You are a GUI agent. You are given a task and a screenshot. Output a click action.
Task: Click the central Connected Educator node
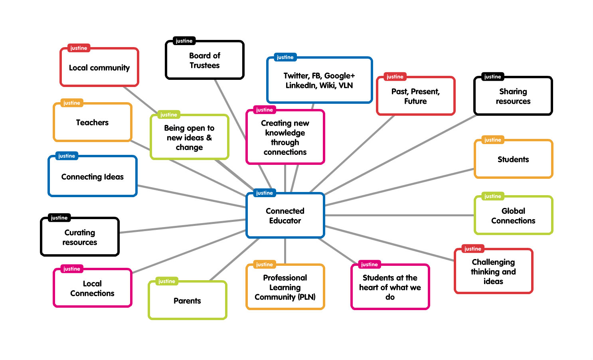[x=285, y=216]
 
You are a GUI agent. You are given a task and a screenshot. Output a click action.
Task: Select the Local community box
[x=99, y=67]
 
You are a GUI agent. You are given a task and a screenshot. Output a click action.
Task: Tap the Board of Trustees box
[x=204, y=60]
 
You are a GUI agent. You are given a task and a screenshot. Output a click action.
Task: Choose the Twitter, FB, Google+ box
[x=319, y=80]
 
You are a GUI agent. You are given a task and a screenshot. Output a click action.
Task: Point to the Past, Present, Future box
[x=415, y=96]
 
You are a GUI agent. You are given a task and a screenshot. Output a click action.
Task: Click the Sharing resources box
[x=513, y=96]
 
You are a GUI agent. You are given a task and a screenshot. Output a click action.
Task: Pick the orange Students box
[x=513, y=159]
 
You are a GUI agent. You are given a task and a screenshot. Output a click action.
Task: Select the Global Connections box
[x=513, y=216]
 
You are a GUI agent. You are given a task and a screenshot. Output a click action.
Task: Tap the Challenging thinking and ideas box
[x=493, y=271]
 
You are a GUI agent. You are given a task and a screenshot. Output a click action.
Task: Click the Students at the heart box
[x=390, y=287]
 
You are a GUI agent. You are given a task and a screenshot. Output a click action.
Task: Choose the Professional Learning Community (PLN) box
[x=285, y=287]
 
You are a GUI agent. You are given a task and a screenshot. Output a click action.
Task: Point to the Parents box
[x=187, y=301]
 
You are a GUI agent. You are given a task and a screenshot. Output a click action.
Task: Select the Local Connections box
[x=92, y=288]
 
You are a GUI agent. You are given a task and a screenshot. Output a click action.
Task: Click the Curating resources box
[x=80, y=237]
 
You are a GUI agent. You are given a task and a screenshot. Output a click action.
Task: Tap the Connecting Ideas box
[x=92, y=176]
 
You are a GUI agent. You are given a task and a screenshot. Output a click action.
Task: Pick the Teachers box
[x=92, y=122]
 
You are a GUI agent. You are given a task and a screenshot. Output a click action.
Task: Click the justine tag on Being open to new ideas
[x=168, y=115]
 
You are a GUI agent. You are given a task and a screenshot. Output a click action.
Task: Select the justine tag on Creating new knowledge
[x=264, y=110]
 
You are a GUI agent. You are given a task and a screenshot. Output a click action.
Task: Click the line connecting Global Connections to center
[x=399, y=215]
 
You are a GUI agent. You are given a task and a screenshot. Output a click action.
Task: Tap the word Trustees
[x=204, y=65]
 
